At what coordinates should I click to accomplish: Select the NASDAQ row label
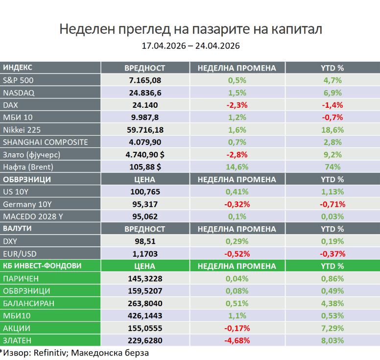point(19,93)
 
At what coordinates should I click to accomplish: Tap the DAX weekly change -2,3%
point(237,105)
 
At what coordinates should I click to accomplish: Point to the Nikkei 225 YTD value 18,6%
point(332,130)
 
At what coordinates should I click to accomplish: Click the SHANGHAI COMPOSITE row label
point(46,142)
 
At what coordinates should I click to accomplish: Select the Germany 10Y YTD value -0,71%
point(332,204)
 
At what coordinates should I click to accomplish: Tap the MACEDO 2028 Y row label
point(33,216)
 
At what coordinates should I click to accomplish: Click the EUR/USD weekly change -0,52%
point(237,254)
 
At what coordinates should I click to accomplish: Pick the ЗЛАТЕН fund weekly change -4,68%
point(237,340)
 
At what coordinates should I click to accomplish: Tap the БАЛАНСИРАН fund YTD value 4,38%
point(332,303)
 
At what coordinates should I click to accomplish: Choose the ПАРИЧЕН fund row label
point(22,279)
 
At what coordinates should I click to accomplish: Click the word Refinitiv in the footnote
point(47,352)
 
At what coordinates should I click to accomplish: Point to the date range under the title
point(190,46)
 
